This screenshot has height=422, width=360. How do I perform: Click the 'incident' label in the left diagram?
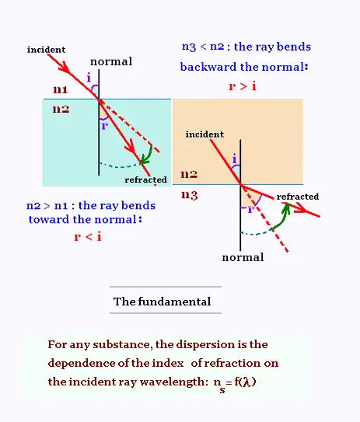46,50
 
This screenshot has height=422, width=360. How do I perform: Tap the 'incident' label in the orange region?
204,134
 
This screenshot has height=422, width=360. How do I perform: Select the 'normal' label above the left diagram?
111,61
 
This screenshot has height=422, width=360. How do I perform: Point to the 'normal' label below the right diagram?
243,257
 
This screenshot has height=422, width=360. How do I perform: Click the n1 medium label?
61,89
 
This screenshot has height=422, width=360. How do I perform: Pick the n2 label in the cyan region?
61,109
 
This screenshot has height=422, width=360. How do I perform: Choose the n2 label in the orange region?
189,174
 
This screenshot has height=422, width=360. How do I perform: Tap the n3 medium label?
190,194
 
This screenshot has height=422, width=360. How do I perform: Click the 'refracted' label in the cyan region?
145,180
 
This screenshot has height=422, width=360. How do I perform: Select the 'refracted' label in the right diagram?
298,197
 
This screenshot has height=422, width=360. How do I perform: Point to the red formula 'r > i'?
243,86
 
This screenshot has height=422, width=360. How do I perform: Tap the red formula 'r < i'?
88,237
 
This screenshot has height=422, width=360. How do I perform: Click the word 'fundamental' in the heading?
174,302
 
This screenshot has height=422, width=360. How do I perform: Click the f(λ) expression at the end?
245,382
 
